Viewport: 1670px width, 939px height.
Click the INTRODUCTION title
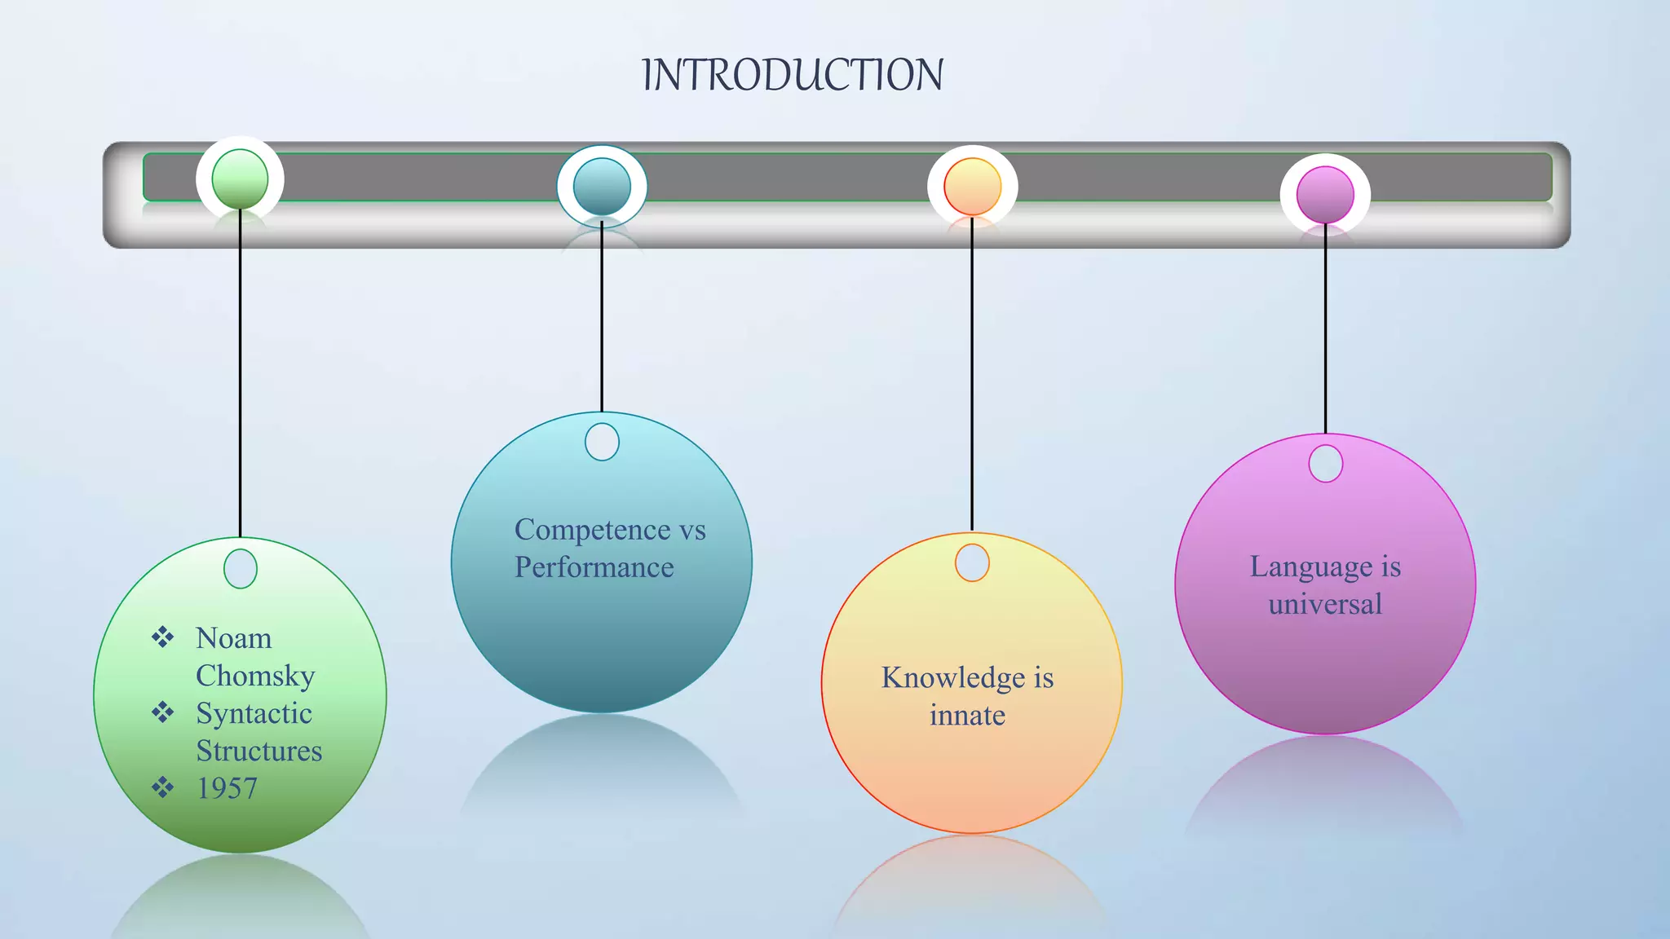(793, 75)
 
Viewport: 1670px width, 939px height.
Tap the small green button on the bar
(240, 179)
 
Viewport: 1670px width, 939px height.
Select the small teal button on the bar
(602, 187)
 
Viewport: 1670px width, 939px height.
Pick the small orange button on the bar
(972, 187)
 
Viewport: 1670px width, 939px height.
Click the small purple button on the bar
(1325, 195)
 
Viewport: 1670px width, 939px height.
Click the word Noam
(234, 638)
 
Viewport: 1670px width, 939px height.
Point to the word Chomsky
(255, 676)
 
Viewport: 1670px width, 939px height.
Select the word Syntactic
(254, 713)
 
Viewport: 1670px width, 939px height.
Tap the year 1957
(227, 788)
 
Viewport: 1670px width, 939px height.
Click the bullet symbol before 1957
(163, 787)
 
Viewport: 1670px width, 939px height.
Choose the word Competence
(593, 530)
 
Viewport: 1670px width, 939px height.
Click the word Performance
(594, 567)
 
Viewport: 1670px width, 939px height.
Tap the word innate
(967, 716)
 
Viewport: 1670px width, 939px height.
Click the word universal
(1325, 604)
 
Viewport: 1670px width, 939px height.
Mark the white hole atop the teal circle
(602, 442)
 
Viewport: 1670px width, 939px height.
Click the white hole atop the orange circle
(972, 562)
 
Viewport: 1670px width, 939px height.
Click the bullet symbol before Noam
(163, 637)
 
